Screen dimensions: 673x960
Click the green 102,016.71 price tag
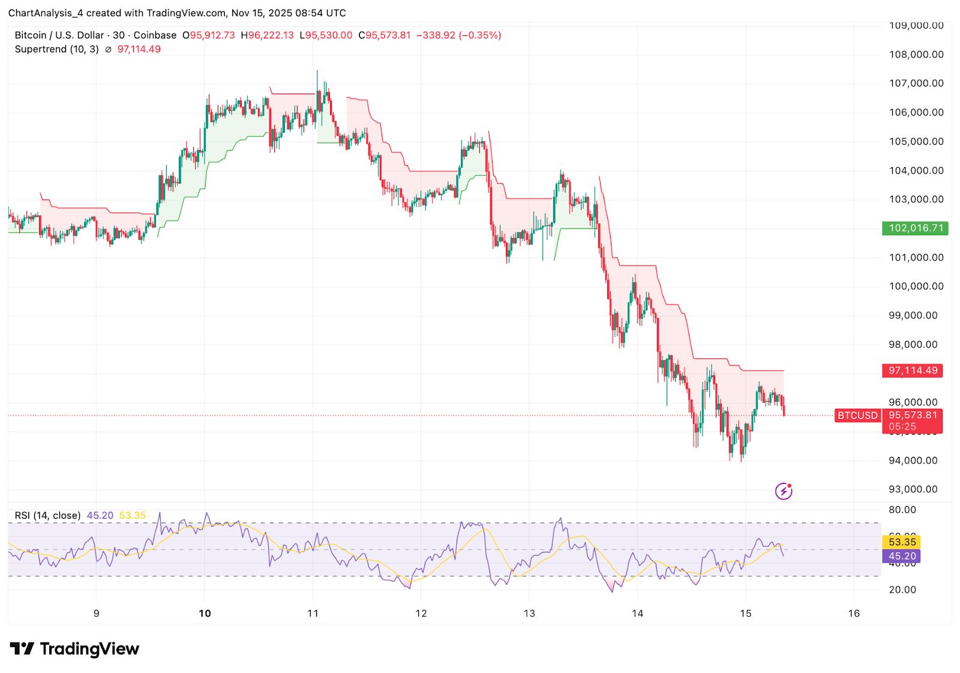point(915,228)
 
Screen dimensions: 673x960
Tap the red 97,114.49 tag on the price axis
point(912,370)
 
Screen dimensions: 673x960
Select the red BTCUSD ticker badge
point(857,415)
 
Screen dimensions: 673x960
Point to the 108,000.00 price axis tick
point(916,55)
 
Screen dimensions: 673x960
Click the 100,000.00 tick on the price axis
point(916,286)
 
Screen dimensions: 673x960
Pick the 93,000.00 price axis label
point(913,489)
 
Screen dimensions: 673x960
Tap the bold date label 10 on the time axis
point(205,614)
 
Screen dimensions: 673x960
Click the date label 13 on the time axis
point(529,614)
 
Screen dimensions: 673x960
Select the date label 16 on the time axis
point(854,614)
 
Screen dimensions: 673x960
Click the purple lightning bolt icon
point(784,491)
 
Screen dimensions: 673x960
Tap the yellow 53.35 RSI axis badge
point(902,542)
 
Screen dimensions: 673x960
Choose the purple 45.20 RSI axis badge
point(902,557)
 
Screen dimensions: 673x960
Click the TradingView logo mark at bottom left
point(22,649)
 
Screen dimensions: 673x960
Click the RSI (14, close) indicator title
point(47,516)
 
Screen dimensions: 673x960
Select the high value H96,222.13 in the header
point(268,35)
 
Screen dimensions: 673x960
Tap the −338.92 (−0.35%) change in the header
point(458,35)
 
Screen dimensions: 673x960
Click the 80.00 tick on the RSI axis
point(902,510)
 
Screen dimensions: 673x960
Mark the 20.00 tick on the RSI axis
point(902,590)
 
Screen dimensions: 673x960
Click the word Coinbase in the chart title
point(155,35)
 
